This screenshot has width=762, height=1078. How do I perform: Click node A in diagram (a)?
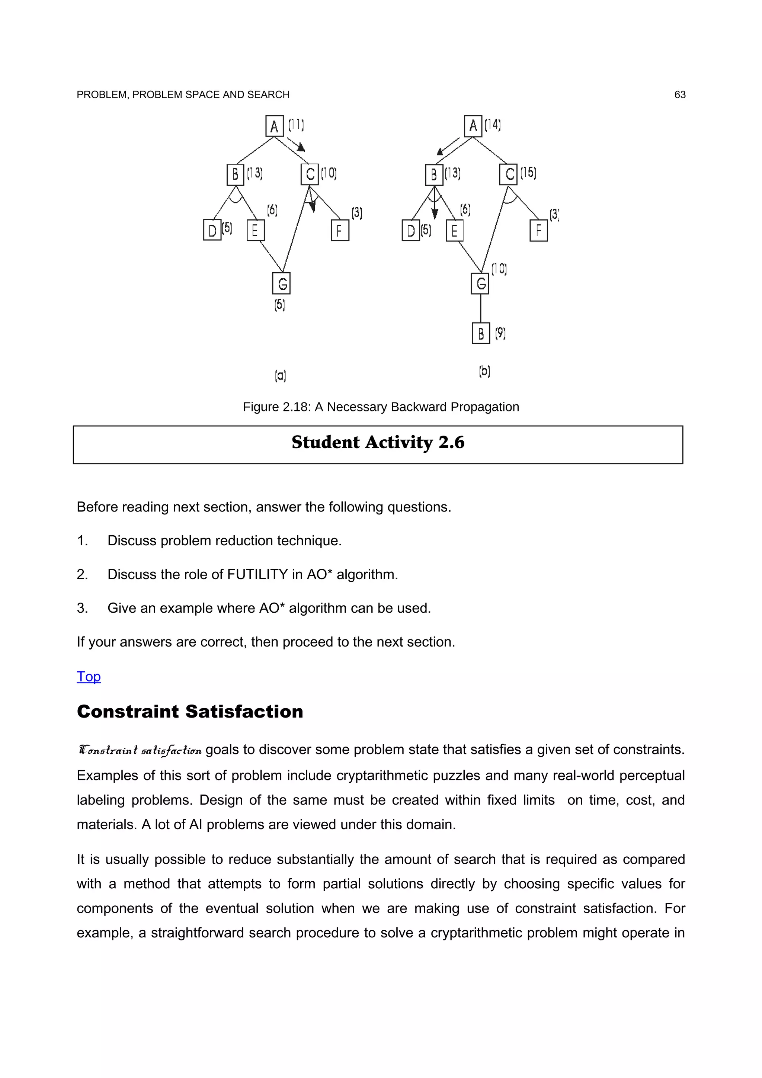(x=274, y=126)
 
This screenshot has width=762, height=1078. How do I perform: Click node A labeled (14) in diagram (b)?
(x=473, y=126)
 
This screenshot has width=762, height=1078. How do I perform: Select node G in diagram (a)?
(x=281, y=283)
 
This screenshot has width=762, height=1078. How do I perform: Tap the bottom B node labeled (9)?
(x=480, y=333)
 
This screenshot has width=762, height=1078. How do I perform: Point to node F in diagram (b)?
(x=538, y=231)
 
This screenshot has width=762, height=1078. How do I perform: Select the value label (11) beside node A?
(x=296, y=125)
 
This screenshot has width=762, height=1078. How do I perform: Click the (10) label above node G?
(x=499, y=269)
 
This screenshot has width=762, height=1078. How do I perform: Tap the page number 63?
(x=679, y=95)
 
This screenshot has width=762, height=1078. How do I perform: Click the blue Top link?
(x=89, y=677)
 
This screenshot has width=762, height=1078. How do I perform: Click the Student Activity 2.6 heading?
(x=378, y=442)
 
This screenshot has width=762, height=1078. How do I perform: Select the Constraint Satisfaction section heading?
(x=190, y=711)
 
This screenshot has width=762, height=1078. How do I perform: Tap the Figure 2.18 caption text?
(x=381, y=407)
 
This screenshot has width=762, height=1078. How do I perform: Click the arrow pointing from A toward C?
(x=296, y=144)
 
